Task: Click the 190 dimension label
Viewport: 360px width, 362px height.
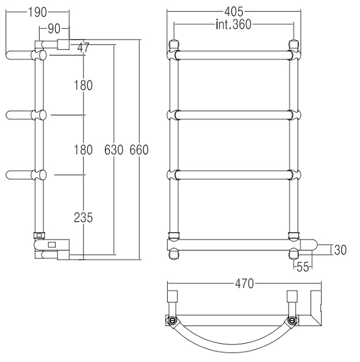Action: tap(37, 12)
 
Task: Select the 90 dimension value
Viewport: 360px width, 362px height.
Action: tap(54, 29)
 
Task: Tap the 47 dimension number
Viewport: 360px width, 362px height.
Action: tap(83, 48)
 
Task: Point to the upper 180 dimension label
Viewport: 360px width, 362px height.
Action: tap(83, 85)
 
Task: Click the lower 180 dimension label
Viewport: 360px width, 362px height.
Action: tap(83, 149)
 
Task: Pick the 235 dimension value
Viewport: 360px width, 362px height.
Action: tap(83, 218)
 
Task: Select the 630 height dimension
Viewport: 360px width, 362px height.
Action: tap(113, 150)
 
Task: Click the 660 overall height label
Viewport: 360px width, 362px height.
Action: tap(139, 149)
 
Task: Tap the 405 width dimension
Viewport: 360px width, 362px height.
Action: tap(234, 12)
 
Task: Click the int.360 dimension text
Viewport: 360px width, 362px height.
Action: tap(234, 24)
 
